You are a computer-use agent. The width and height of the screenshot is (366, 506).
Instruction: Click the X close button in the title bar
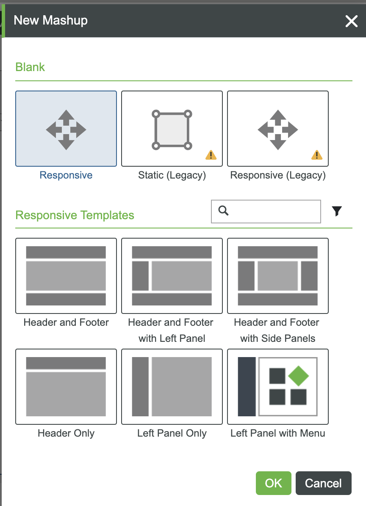pyautogui.click(x=351, y=21)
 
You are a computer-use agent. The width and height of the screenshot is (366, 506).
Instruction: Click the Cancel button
pyautogui.click(x=323, y=483)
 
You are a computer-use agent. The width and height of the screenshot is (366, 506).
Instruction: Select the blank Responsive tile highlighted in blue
pyautogui.click(x=66, y=129)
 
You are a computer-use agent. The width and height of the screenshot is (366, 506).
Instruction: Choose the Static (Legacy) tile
pyautogui.click(x=172, y=129)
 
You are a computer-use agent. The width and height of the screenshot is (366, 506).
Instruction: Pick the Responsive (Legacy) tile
pyautogui.click(x=278, y=129)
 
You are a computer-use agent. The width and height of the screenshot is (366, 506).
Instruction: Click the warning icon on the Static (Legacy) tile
pyautogui.click(x=211, y=155)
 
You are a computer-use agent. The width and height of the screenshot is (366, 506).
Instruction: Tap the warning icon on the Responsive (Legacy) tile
pyautogui.click(x=316, y=155)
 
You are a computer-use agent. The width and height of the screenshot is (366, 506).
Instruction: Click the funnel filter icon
pyautogui.click(x=337, y=211)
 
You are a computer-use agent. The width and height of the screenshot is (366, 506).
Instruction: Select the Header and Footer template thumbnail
pyautogui.click(x=66, y=275)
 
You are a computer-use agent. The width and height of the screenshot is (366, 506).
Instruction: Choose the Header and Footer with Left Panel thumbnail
pyautogui.click(x=172, y=275)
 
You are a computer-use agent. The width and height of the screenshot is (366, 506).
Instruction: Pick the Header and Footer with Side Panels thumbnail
pyautogui.click(x=278, y=275)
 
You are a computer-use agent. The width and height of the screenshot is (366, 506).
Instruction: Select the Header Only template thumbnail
pyautogui.click(x=66, y=386)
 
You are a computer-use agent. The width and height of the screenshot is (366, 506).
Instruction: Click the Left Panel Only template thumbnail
pyautogui.click(x=172, y=386)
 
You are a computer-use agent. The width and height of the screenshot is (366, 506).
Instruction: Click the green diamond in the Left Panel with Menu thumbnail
pyautogui.click(x=299, y=376)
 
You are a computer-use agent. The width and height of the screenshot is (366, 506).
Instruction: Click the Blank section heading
pyautogui.click(x=30, y=67)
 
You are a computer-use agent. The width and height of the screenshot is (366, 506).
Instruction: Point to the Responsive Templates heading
pyautogui.click(x=75, y=215)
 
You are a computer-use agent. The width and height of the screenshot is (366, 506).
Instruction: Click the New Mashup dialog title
pyautogui.click(x=51, y=20)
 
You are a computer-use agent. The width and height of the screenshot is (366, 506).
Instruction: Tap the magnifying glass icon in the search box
pyautogui.click(x=224, y=210)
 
